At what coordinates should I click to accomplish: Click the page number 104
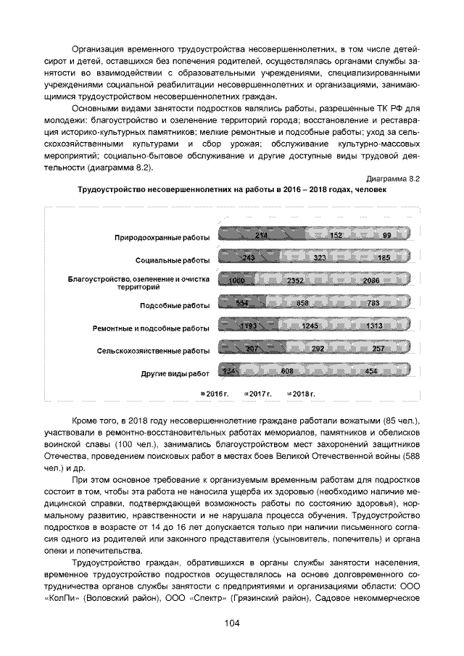(232, 623)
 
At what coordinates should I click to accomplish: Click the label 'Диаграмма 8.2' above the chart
(393, 177)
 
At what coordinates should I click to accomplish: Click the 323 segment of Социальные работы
(321, 258)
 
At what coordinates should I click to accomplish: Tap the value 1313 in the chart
(374, 327)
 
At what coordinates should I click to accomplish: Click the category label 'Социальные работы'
(173, 260)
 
